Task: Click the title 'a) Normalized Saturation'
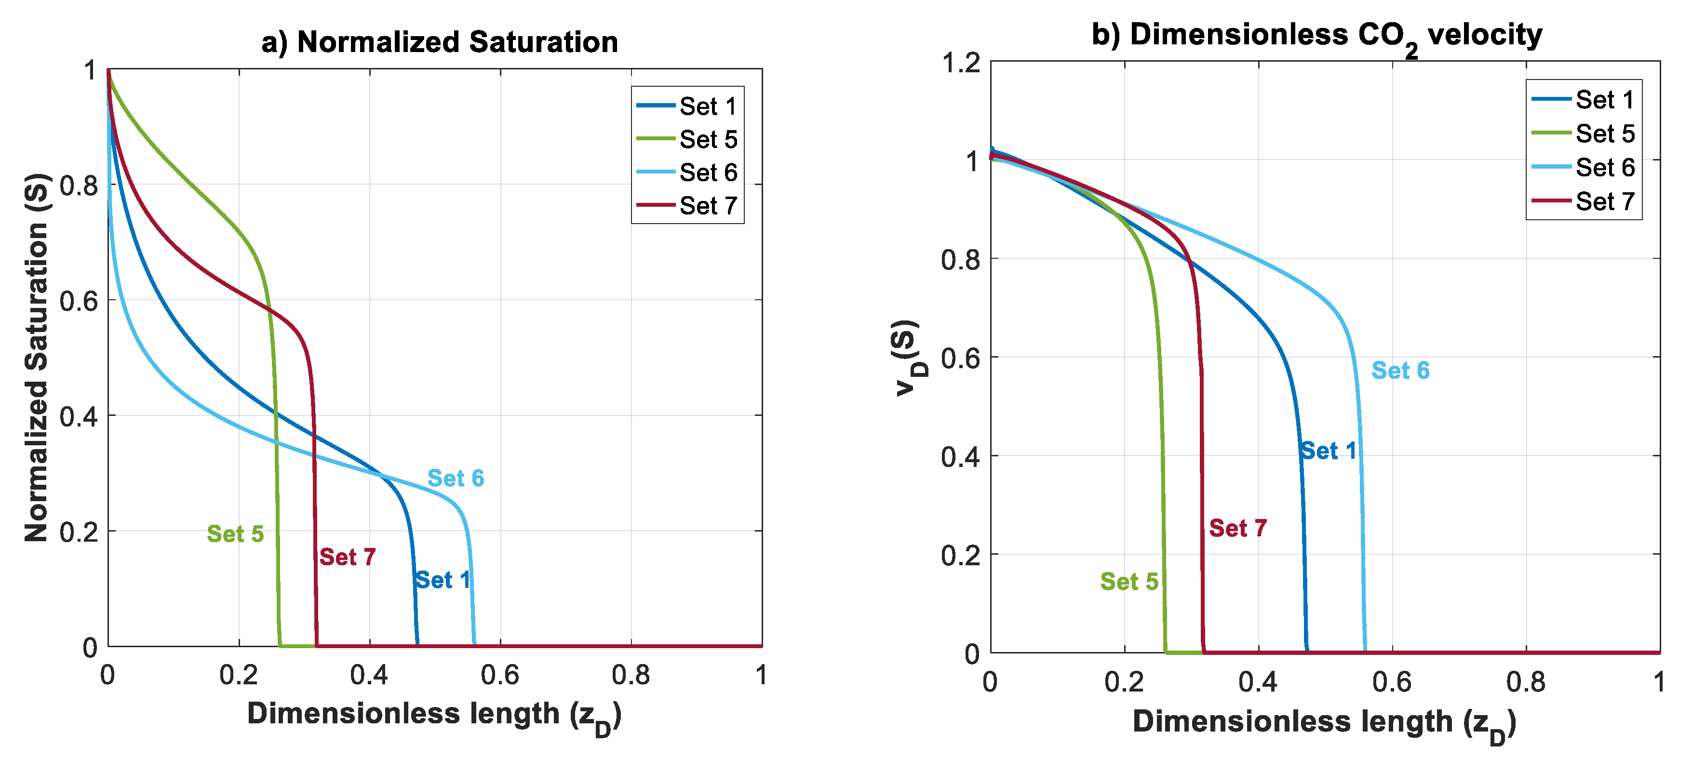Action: (440, 41)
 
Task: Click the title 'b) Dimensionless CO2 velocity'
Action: (1316, 36)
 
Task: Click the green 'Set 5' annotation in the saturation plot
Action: (235, 534)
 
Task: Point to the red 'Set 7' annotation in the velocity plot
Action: (1237, 528)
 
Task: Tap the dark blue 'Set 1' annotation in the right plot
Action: (1328, 451)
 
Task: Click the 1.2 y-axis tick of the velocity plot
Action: (960, 63)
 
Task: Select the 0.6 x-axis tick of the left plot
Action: (500, 675)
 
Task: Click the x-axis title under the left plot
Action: (433, 716)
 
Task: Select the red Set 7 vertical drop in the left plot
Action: (315, 493)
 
